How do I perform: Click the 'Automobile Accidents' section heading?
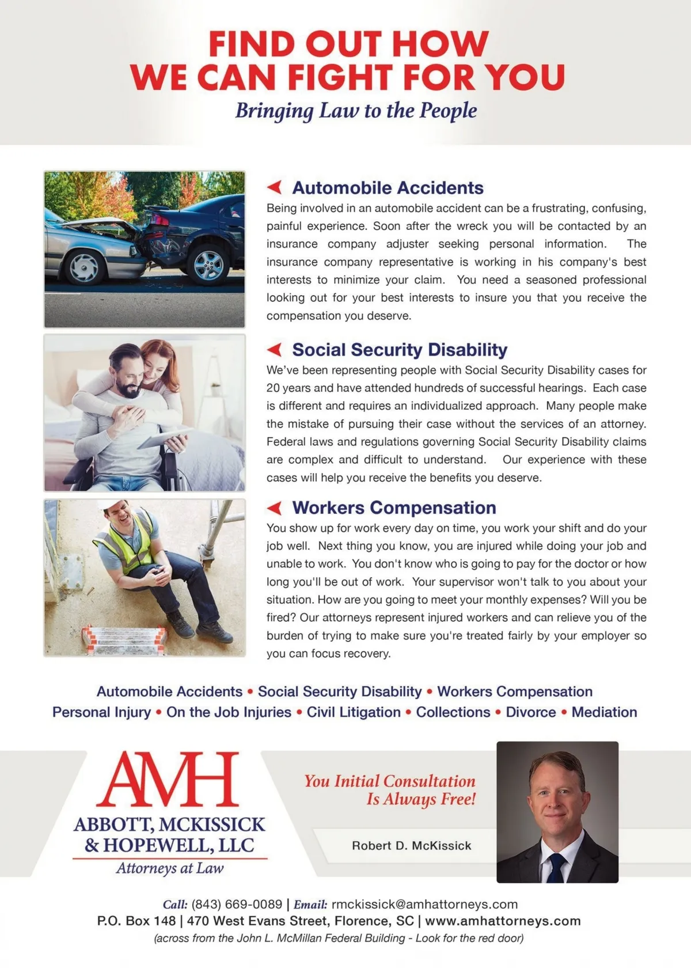388,188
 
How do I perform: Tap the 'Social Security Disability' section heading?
400,350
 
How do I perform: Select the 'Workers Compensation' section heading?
394,508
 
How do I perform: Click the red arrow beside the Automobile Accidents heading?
275,187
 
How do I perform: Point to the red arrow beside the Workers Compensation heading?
275,508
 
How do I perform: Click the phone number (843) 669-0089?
237,904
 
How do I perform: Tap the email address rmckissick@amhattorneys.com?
424,904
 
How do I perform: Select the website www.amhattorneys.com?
503,921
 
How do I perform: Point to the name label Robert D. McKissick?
411,845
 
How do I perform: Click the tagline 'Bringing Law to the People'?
356,110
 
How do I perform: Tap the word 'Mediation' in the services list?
604,712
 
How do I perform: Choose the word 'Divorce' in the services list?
531,712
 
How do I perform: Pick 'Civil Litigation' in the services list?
354,712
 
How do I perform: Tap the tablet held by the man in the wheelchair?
164,439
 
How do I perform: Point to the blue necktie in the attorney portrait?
556,867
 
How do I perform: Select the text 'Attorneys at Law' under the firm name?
170,868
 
